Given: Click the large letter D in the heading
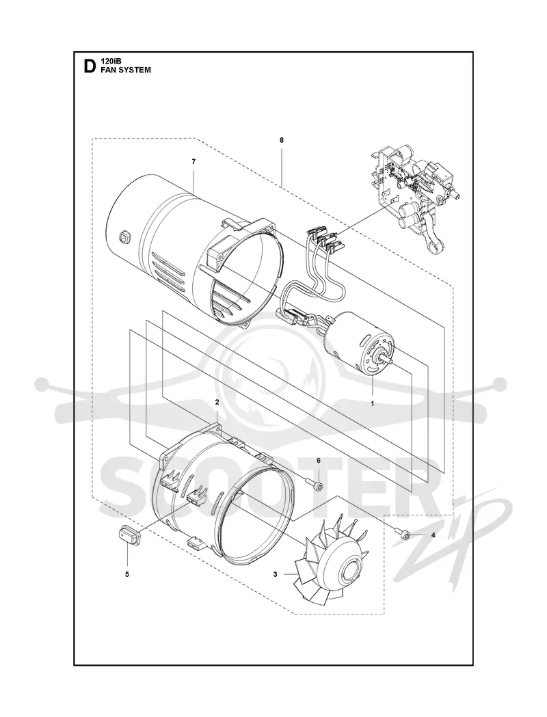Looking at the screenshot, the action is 89,67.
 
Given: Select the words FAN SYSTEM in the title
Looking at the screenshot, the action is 126,70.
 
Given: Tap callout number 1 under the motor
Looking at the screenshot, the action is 372,404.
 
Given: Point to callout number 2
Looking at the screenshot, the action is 217,403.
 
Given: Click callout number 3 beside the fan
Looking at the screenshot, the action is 275,574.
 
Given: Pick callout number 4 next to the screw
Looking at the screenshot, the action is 433,535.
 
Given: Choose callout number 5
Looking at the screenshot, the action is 127,574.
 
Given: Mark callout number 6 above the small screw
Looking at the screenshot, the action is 319,460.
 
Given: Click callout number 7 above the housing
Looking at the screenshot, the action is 194,161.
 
